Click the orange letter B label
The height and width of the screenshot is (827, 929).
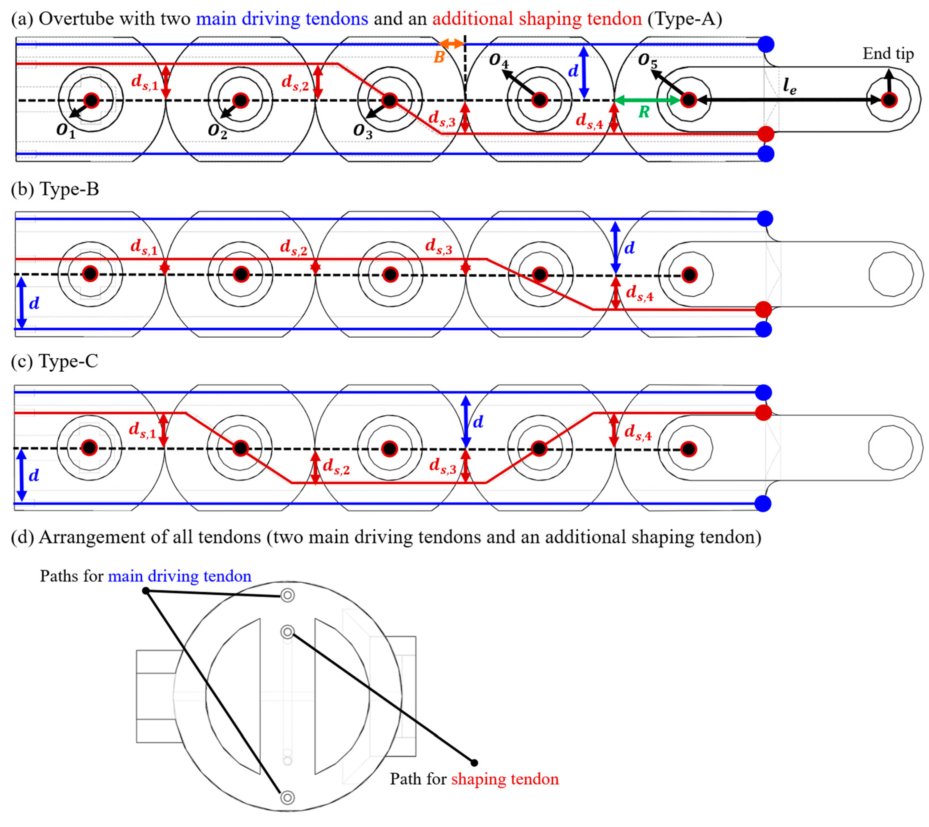tap(439, 57)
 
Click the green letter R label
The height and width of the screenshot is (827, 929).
tap(644, 112)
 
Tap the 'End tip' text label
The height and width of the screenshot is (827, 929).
tap(888, 54)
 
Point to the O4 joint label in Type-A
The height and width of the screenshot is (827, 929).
tap(498, 60)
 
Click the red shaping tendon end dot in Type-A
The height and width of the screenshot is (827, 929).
tap(766, 134)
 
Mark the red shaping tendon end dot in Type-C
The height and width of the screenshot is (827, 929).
tap(764, 413)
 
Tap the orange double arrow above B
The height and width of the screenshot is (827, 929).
tap(451, 44)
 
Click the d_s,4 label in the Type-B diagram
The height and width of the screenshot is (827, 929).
tap(639, 293)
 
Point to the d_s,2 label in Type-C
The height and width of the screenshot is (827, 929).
tap(336, 467)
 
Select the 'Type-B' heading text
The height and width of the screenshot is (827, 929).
tap(69, 189)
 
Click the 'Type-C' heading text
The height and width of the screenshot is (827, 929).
tap(68, 362)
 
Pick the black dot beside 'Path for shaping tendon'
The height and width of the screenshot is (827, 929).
tap(474, 763)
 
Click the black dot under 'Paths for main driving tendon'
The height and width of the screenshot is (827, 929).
tap(146, 591)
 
